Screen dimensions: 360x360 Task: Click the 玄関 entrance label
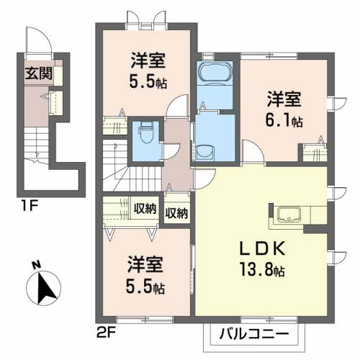click(39, 73)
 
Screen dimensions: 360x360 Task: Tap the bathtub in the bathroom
click(215, 72)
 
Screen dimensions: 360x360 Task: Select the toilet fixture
click(145, 132)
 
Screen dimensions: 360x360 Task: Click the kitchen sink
click(289, 215)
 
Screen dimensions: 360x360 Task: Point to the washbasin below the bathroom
click(205, 153)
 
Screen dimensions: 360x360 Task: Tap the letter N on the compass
click(37, 265)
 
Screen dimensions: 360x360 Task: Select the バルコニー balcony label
click(254, 334)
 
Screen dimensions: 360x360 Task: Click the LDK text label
click(263, 248)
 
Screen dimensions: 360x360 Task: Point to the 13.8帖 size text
click(262, 271)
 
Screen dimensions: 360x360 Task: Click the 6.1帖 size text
click(284, 121)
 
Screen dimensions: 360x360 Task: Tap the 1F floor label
click(29, 206)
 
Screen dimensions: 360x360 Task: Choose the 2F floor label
click(107, 333)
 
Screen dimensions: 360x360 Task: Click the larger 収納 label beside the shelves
click(145, 208)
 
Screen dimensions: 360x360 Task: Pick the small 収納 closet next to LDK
click(177, 212)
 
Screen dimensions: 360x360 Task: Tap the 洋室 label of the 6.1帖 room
click(284, 99)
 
